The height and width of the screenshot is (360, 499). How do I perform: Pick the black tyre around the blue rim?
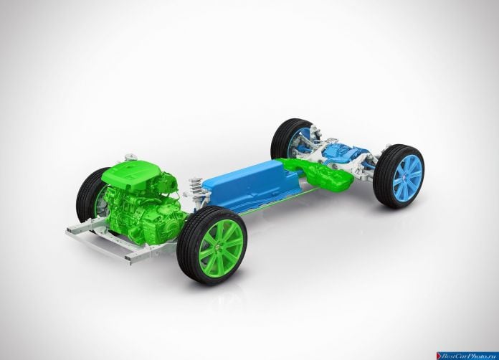point(399,176)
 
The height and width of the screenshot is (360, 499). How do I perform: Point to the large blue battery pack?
point(252,186)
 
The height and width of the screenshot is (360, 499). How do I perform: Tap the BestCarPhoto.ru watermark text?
point(469,356)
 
